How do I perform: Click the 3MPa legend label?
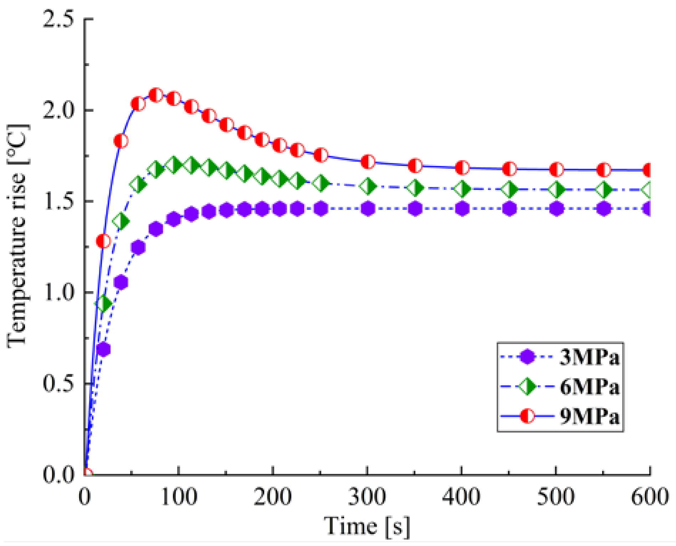(589, 357)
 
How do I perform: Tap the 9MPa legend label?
(589, 416)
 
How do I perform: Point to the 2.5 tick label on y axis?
(58, 19)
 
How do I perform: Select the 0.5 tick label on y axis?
(58, 384)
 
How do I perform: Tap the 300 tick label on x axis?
(367, 496)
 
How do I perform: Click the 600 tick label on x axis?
(650, 496)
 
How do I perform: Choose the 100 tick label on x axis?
(179, 496)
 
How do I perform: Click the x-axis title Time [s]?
(367, 526)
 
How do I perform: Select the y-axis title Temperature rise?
(17, 236)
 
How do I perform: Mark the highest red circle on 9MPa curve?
(156, 95)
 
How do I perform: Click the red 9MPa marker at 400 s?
(462, 167)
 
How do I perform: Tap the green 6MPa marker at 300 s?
(368, 186)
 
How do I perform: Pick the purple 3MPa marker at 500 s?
(557, 208)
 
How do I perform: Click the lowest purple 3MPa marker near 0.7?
(103, 349)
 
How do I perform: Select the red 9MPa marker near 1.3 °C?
(103, 241)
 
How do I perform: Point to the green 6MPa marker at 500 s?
(557, 189)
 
